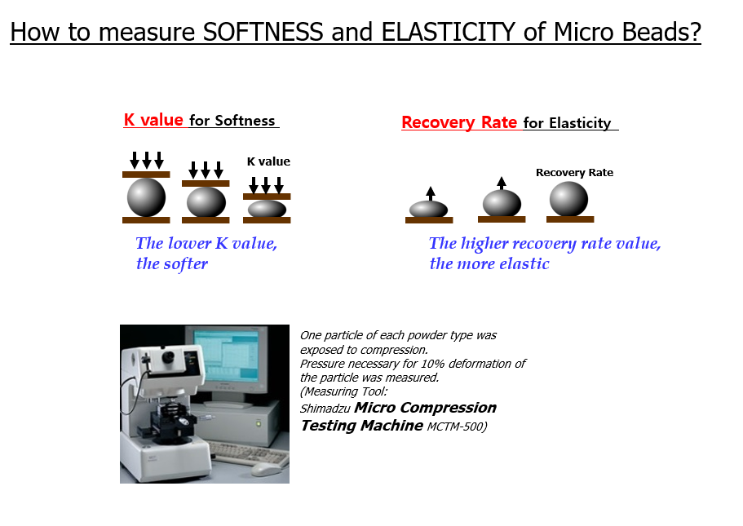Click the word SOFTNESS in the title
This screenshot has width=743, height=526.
click(263, 33)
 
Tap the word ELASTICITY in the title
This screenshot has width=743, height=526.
click(448, 33)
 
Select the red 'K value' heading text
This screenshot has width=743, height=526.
click(153, 120)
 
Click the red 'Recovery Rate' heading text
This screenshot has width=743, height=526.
click(459, 122)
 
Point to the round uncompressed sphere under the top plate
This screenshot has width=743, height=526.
click(146, 197)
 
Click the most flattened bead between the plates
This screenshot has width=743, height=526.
click(267, 209)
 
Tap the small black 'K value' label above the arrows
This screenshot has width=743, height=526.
click(268, 161)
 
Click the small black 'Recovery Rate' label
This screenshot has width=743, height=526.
click(574, 173)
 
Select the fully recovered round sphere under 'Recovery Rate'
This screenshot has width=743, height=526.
click(568, 199)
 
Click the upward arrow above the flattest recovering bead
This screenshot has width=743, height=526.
click(431, 193)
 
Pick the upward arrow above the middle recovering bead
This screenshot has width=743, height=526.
click(502, 183)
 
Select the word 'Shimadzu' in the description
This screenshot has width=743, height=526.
click(325, 409)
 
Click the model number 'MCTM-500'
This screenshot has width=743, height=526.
click(455, 427)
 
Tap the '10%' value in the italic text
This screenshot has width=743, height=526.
click(432, 364)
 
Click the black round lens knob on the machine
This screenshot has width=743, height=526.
click(168, 356)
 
